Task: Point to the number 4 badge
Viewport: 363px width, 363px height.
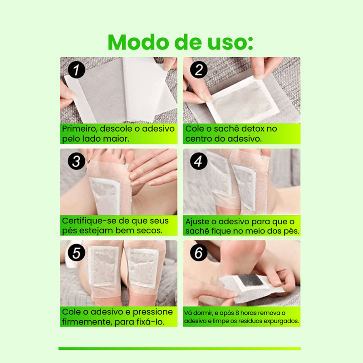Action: click(x=199, y=161)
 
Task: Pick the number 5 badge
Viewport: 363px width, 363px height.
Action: click(x=76, y=253)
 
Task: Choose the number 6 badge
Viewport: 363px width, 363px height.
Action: click(x=199, y=253)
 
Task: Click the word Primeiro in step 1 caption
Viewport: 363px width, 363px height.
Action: click(x=79, y=129)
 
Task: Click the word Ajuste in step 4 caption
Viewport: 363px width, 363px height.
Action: click(x=198, y=222)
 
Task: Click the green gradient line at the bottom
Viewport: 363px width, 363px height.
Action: click(x=180, y=348)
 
